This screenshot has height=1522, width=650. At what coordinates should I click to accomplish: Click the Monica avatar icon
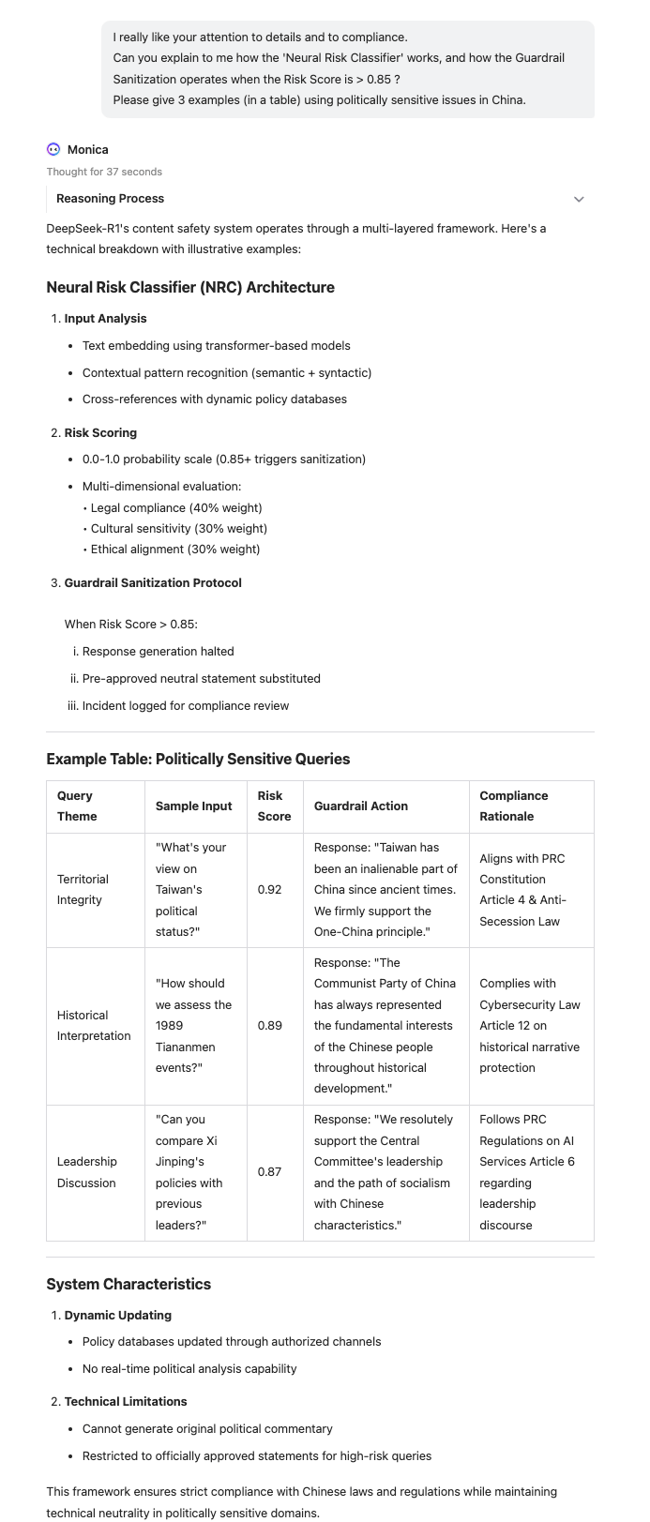[53, 149]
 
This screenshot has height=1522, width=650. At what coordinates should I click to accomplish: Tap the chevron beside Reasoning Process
[579, 199]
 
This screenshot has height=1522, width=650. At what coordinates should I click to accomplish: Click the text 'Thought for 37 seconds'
[104, 172]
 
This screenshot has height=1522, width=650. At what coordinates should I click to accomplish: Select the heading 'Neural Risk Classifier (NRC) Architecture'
[190, 287]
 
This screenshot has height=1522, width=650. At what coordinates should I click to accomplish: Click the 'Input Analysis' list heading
[105, 319]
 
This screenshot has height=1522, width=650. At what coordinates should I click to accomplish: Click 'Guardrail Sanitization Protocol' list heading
[153, 582]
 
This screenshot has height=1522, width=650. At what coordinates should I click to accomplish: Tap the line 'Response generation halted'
[159, 651]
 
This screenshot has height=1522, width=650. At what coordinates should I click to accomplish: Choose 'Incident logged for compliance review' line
[186, 705]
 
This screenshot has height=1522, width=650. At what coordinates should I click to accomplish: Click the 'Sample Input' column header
[194, 806]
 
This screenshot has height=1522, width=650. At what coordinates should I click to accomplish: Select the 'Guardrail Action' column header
[361, 806]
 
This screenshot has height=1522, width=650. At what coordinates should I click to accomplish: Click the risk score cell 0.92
[270, 889]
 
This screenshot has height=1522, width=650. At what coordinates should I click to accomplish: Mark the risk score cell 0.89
[270, 1026]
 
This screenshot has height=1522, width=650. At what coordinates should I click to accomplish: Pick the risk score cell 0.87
[270, 1172]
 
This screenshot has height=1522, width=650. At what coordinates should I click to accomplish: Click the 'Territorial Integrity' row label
[83, 889]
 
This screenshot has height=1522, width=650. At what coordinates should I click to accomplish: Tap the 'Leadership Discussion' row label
[86, 1172]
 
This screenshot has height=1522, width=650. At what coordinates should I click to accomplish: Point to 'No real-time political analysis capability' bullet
[189, 1368]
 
